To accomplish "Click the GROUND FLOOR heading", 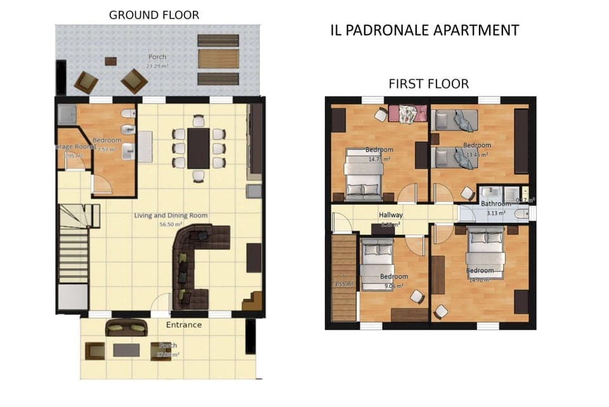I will [154, 15].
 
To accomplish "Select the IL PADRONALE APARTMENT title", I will [424, 30].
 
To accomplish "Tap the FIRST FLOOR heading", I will [428, 84].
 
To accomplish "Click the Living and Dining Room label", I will [171, 216].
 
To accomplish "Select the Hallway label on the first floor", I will [391, 215].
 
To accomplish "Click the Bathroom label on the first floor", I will [495, 204].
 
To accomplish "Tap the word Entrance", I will [184, 325].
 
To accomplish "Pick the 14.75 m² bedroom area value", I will [379, 159].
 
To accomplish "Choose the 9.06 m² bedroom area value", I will [393, 286].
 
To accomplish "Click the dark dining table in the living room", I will [198, 149].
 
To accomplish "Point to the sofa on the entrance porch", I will [126, 327].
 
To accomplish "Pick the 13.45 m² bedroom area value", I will [476, 154].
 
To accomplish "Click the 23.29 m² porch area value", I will [157, 65].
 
